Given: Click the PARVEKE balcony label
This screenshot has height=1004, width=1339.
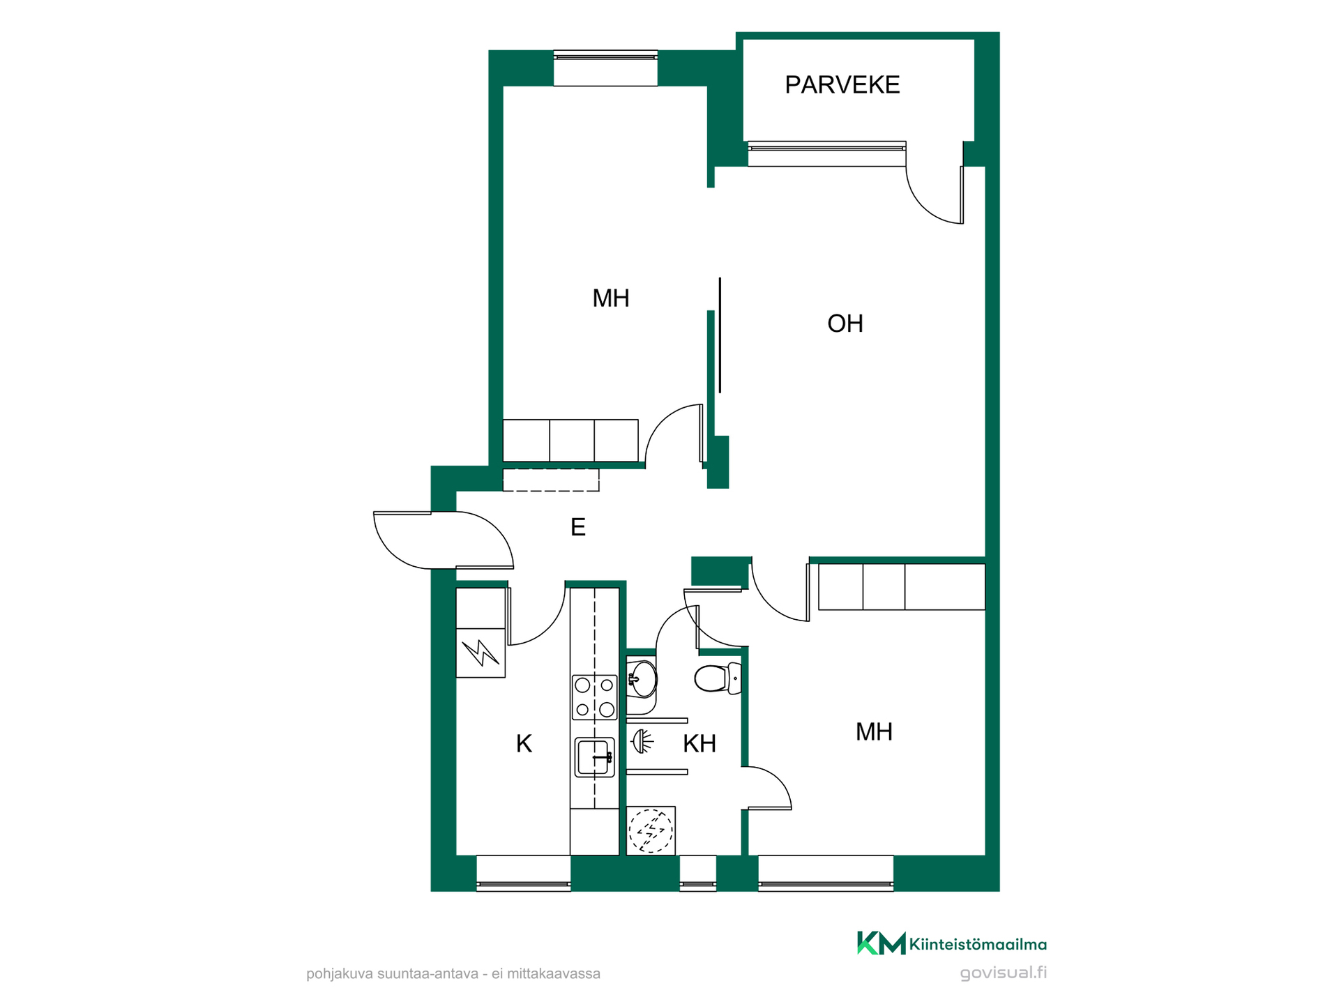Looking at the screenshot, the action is tap(842, 85).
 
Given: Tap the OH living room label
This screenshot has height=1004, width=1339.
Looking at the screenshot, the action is tap(845, 324).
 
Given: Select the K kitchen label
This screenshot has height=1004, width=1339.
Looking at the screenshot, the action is tap(524, 744).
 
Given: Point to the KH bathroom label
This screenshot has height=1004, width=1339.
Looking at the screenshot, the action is tap(699, 744).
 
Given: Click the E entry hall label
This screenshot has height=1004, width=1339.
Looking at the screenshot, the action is tap(578, 527).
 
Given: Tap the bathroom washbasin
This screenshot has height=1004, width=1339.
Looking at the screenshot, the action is tap(642, 679).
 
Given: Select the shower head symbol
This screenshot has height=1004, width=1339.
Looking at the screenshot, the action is tap(642, 741).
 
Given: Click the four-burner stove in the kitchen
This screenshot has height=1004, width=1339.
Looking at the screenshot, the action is tap(594, 697).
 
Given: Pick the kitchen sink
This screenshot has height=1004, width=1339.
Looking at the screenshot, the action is tap(595, 757).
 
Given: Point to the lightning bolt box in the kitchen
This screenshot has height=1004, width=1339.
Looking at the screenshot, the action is tap(481, 653).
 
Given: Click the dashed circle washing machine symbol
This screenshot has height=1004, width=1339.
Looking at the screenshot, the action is tap(651, 830).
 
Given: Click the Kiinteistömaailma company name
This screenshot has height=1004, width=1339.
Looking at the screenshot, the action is tap(978, 945).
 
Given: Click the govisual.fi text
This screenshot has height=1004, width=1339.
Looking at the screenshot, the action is tap(1003, 973).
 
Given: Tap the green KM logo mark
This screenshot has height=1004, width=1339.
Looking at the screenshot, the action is tap(882, 943).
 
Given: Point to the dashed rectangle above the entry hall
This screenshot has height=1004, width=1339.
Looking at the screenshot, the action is tap(551, 480).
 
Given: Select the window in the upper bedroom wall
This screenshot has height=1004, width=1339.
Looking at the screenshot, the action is tap(605, 68).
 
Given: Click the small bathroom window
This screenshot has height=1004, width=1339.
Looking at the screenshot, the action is tap(698, 873).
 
